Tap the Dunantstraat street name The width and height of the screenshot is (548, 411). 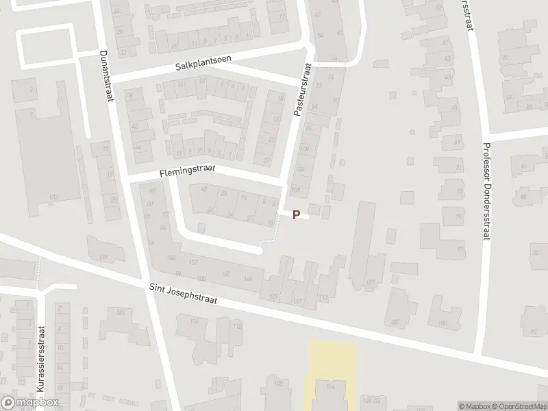point(106,75)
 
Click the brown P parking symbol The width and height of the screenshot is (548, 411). point(296,214)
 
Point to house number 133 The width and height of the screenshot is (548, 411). point(53,197)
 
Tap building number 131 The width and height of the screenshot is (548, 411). point(103,256)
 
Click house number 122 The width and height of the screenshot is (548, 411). point(121,312)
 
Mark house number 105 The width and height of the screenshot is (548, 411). point(443,322)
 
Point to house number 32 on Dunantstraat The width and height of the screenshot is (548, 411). point(123,51)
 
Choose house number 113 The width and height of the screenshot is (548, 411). point(323,297)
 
